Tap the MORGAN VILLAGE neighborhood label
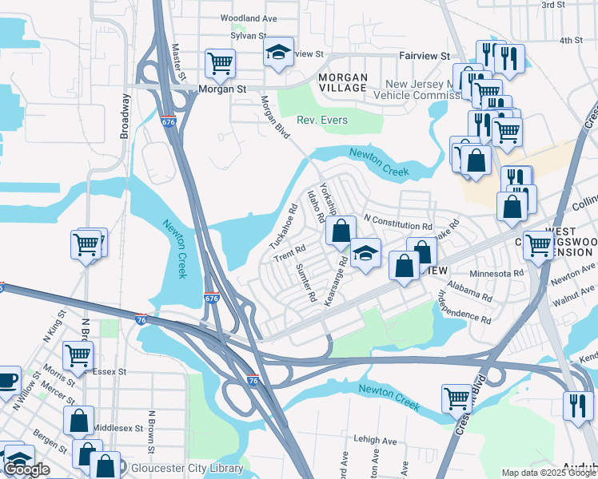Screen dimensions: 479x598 click(x=343, y=83)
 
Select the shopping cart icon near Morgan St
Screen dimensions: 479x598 click(x=219, y=61)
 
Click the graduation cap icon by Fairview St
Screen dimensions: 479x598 click(x=278, y=52)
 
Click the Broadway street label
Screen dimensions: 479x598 click(x=125, y=117)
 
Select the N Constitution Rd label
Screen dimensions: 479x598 click(x=397, y=217)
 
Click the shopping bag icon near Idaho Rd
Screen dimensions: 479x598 click(x=341, y=232)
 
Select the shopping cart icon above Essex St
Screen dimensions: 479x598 click(x=78, y=354)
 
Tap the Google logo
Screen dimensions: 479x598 click(x=26, y=469)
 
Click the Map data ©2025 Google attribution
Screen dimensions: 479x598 click(x=548, y=473)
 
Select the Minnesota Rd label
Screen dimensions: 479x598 click(x=496, y=273)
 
